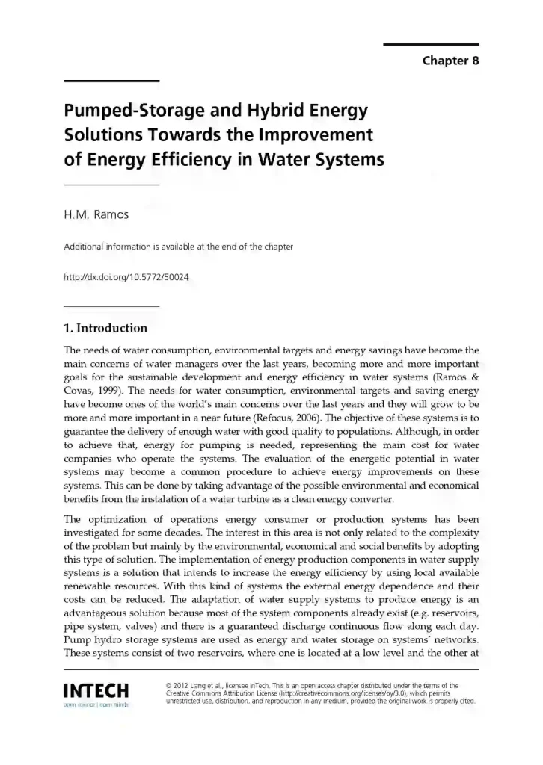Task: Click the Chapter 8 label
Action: click(x=450, y=61)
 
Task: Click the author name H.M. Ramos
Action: click(x=96, y=215)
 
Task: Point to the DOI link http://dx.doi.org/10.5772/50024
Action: click(x=126, y=277)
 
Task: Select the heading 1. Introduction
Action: click(x=105, y=328)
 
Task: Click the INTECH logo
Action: click(x=96, y=690)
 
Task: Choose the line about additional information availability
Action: click(x=178, y=247)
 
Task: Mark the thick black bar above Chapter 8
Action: click(x=431, y=44)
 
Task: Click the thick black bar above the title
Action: click(x=111, y=81)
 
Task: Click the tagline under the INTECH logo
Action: click(x=96, y=704)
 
